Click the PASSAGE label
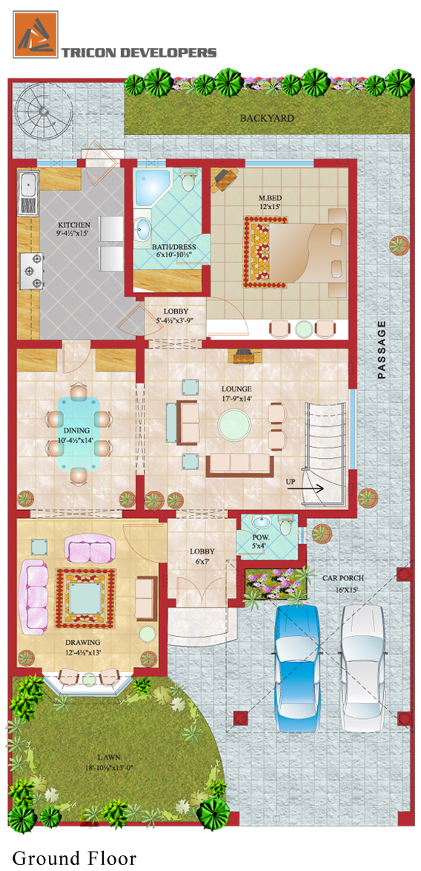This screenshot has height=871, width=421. (x=381, y=351)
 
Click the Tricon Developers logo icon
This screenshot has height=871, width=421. (x=36, y=34)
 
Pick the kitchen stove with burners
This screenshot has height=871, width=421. (x=31, y=271)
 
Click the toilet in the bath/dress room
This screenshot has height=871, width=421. (x=188, y=179)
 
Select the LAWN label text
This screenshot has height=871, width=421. (x=107, y=758)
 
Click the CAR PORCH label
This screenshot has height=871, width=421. (x=342, y=577)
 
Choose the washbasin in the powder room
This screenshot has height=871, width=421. (x=260, y=523)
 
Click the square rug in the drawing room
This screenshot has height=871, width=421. (x=85, y=597)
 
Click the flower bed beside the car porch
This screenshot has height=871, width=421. (x=276, y=583)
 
